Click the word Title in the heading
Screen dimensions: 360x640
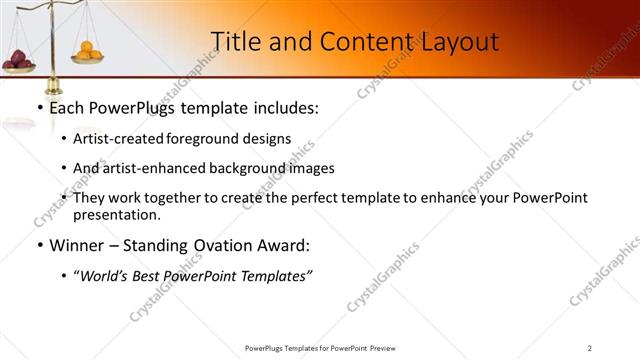coord(235,41)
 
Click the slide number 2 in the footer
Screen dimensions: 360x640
coord(589,347)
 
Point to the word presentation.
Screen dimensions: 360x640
coord(117,214)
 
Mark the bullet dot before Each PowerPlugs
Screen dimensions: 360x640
coord(39,108)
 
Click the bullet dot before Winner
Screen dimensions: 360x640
coord(39,245)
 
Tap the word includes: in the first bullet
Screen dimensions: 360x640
coord(284,107)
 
